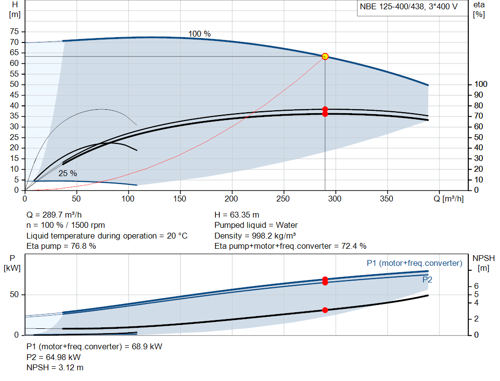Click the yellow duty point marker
pyautogui.click(x=325, y=57)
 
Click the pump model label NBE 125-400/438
pyautogui.click(x=392, y=7)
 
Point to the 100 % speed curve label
pyautogui.click(x=199, y=34)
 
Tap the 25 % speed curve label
pyautogui.click(x=67, y=173)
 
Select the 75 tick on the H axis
pyautogui.click(x=14, y=32)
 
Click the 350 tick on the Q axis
pyautogui.click(x=387, y=199)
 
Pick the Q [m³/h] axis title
pyautogui.click(x=448, y=199)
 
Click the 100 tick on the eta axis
pyautogui.click(x=481, y=84)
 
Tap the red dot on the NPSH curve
pyautogui.click(x=325, y=310)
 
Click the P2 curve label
pyautogui.click(x=427, y=280)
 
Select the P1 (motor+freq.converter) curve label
pyautogui.click(x=414, y=263)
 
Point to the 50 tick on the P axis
pyautogui.click(x=14, y=294)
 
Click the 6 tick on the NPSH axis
pyautogui.click(x=477, y=286)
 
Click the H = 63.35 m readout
pyautogui.click(x=237, y=215)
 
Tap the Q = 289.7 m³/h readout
pyautogui.click(x=54, y=215)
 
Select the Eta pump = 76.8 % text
pyautogui.click(x=61, y=246)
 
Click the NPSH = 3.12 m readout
pyautogui.click(x=55, y=368)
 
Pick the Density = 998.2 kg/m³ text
pyautogui.click(x=255, y=236)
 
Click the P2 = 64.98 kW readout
pyautogui.click(x=54, y=357)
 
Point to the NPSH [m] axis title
pyautogui.click(x=483, y=263)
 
